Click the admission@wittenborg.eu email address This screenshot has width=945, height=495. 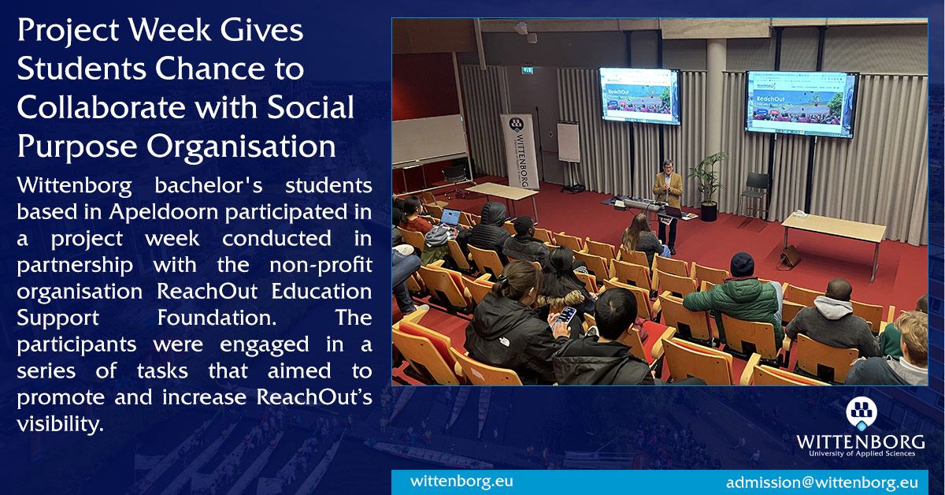[821, 482]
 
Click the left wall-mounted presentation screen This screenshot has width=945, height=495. [639, 96]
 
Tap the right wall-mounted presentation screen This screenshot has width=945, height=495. [800, 103]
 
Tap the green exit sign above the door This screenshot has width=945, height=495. [528, 70]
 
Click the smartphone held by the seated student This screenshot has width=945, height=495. [565, 316]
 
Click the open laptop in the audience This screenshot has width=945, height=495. [450, 218]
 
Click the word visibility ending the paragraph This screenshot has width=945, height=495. [60, 423]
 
